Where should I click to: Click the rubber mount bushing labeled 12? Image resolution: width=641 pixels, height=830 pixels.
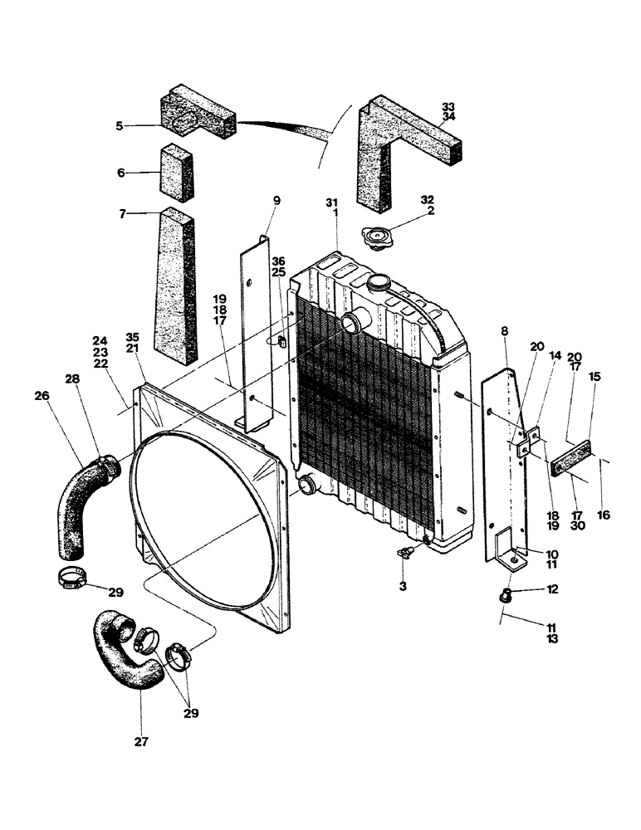tap(503, 593)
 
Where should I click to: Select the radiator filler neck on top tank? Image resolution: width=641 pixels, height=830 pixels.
tap(379, 282)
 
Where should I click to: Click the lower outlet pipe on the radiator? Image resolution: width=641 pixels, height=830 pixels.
tap(306, 482)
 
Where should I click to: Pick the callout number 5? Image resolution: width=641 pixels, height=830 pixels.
tap(120, 126)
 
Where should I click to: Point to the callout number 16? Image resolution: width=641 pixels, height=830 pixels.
tap(604, 515)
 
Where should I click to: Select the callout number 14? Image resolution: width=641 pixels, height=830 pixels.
tap(555, 356)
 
